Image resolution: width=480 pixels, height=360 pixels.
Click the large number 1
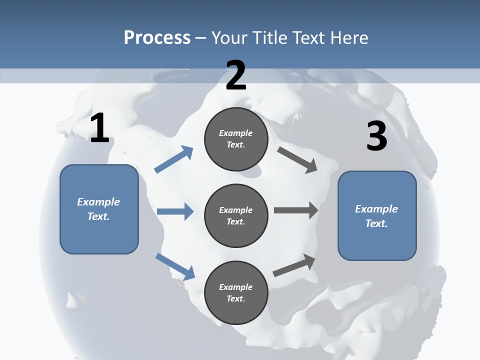(x=99, y=128)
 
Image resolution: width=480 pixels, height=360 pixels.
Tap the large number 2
(x=236, y=76)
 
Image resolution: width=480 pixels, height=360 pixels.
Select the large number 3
(x=376, y=136)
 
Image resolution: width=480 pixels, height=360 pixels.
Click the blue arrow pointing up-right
(x=174, y=159)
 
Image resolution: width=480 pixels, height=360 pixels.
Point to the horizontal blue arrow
(x=175, y=211)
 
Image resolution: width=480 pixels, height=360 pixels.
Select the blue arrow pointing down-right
(x=175, y=266)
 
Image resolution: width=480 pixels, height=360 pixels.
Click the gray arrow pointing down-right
(x=298, y=160)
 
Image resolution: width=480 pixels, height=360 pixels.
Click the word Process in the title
(x=157, y=38)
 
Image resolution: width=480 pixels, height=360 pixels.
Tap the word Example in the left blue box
(x=98, y=202)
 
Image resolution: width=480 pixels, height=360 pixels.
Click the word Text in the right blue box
(x=375, y=223)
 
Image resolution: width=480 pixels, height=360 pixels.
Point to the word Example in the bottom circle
(x=236, y=287)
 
